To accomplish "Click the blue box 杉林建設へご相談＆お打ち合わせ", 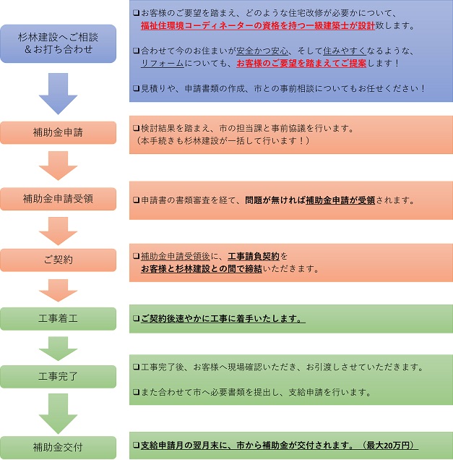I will (58, 43).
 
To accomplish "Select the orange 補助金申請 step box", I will (58, 132).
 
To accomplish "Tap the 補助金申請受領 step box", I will (58, 197).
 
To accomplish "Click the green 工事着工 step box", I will (58, 319).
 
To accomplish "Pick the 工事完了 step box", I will (58, 376).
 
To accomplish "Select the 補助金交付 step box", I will (58, 447).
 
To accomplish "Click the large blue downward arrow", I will (58, 92).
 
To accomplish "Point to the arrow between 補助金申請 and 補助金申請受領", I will (58, 166).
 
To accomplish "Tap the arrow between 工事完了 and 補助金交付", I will (58, 412).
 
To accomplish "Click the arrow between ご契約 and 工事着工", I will (58, 290).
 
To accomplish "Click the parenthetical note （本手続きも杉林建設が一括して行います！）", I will (223, 140).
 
